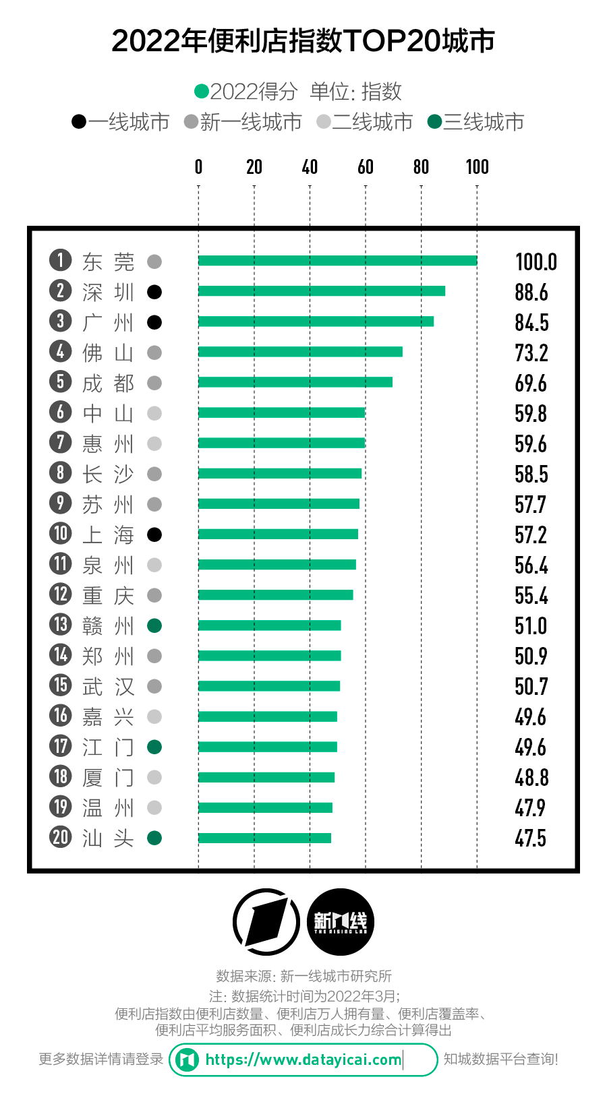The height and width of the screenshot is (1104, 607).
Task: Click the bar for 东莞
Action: [337, 261]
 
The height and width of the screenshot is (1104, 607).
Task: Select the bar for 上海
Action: [278, 534]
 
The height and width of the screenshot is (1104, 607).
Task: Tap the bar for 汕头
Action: [264, 838]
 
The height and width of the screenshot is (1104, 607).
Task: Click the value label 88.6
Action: [531, 292]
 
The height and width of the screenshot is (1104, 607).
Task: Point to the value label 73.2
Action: [531, 352]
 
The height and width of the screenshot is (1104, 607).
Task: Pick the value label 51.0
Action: [531, 625]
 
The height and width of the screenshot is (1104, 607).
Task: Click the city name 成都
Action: [108, 383]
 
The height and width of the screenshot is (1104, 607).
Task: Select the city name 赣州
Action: [108, 625]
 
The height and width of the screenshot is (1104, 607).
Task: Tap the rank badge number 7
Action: [61, 443]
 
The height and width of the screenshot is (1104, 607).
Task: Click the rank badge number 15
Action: [61, 685]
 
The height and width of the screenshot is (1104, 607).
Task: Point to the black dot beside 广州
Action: [154, 322]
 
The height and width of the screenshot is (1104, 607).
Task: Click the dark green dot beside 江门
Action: [154, 747]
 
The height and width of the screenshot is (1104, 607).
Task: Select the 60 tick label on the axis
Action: [366, 166]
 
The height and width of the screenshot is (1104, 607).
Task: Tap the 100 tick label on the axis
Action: [477, 166]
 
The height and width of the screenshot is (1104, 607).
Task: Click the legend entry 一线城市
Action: [121, 122]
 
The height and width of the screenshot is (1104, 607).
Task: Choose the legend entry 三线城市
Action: [476, 122]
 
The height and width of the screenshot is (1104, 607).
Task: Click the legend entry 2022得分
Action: [246, 91]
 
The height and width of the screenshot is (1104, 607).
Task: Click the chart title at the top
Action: [303, 41]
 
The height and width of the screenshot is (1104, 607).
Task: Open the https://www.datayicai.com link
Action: [303, 1060]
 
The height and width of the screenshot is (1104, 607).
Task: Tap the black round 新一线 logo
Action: [341, 922]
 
